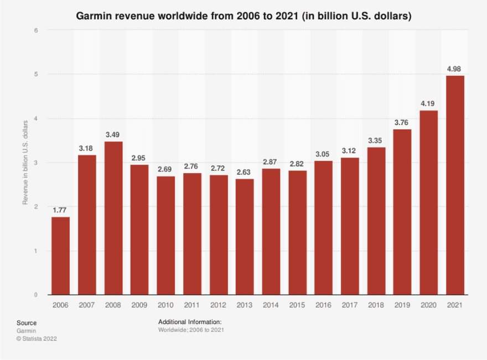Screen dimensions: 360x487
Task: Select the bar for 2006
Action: (x=61, y=255)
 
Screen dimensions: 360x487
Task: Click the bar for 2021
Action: (x=455, y=185)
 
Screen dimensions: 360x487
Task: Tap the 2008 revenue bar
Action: (x=113, y=218)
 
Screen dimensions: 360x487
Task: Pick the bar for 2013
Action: (x=245, y=237)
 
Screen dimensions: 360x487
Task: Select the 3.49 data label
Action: (x=113, y=135)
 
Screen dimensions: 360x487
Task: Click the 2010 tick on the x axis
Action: (x=166, y=305)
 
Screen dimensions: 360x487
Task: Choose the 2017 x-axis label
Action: (x=350, y=305)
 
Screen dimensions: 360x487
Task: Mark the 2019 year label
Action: (x=402, y=305)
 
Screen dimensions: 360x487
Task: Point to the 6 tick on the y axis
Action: (x=35, y=30)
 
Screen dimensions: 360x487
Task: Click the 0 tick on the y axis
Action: (x=35, y=295)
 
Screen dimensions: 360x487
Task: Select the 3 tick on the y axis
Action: (x=35, y=163)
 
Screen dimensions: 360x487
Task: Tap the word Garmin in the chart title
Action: (x=94, y=17)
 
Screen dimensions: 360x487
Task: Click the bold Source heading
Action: (x=27, y=323)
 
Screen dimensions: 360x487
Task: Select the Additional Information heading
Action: (x=190, y=322)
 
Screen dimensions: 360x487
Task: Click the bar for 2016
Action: (x=324, y=227)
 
